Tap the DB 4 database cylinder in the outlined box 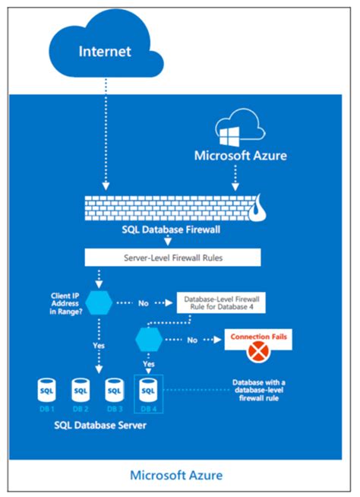(x=149, y=392)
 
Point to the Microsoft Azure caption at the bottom (x=175, y=475)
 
